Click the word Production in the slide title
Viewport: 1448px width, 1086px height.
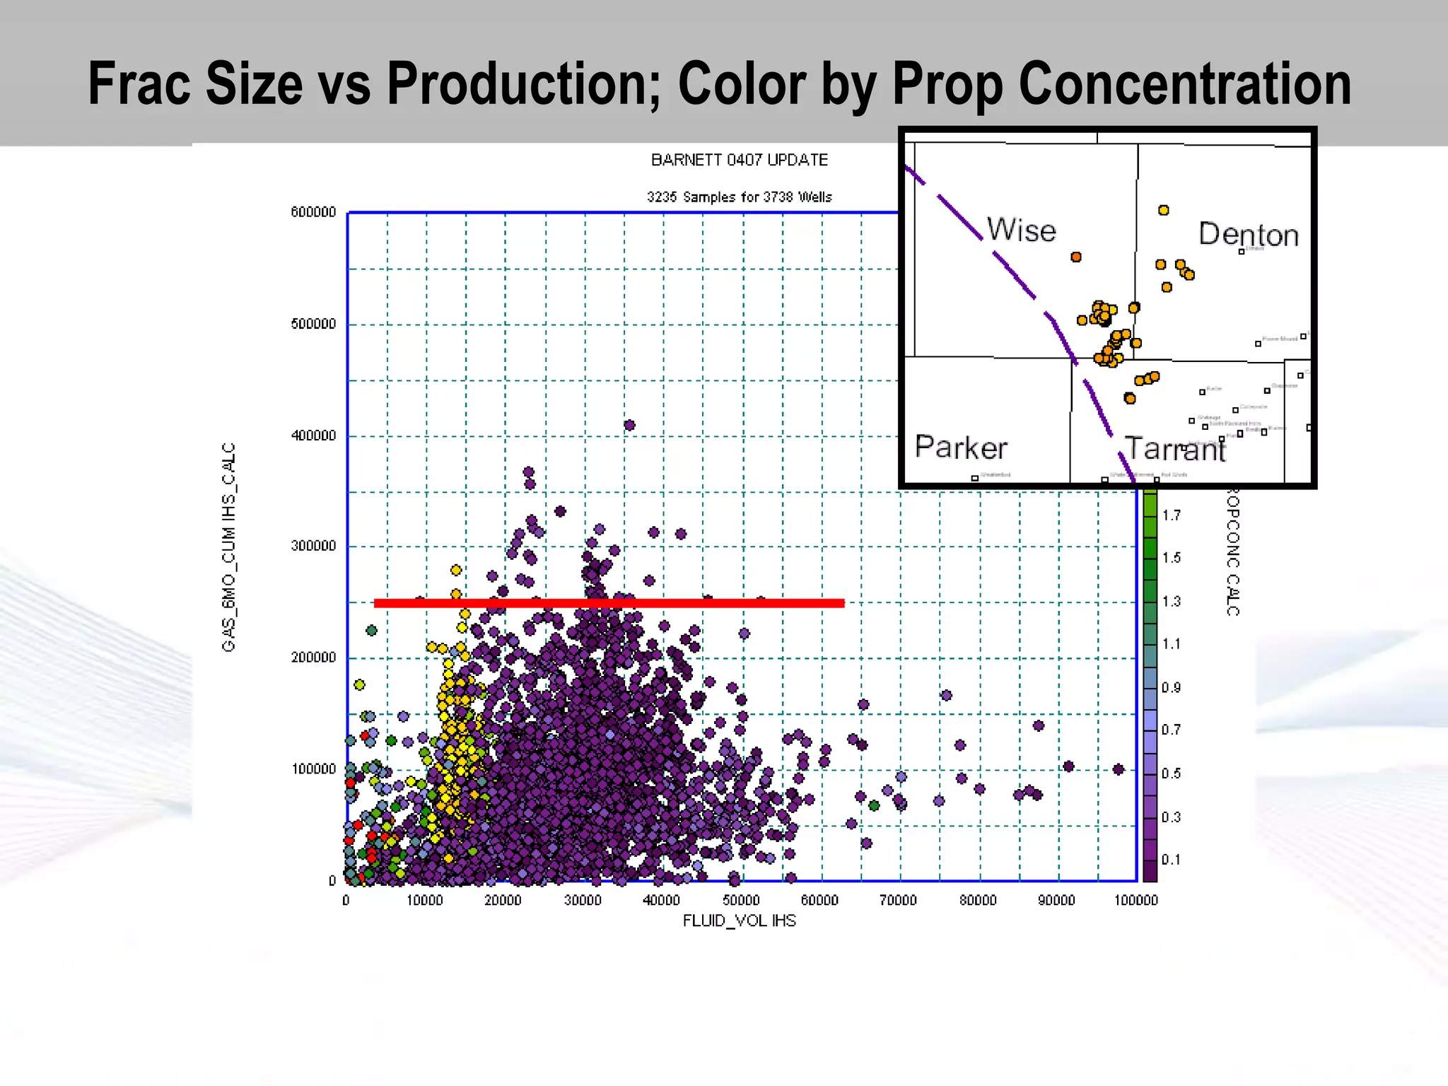click(x=524, y=84)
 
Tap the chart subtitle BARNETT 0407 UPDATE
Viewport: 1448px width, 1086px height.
click(x=739, y=160)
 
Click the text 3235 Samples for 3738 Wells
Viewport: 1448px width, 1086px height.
click(x=739, y=197)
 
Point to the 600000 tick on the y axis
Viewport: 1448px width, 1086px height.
click(x=313, y=212)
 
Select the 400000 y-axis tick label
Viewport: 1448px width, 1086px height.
click(x=313, y=436)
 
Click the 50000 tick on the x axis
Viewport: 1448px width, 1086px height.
click(x=741, y=901)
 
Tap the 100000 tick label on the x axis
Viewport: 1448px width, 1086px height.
click(x=1135, y=901)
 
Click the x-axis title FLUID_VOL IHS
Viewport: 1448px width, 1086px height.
click(x=739, y=921)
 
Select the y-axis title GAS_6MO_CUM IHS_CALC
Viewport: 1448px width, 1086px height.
click(x=228, y=547)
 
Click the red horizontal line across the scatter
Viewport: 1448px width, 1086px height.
click(x=609, y=603)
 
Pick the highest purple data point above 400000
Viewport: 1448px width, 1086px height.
click(x=629, y=425)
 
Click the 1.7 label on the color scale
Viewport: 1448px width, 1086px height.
click(x=1171, y=515)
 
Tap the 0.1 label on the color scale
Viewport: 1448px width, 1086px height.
click(x=1171, y=860)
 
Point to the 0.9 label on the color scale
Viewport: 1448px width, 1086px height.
click(x=1171, y=687)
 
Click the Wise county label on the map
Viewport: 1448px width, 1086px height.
click(x=1021, y=230)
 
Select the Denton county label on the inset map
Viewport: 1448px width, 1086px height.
click(x=1248, y=235)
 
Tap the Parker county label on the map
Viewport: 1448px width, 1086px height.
click(x=960, y=448)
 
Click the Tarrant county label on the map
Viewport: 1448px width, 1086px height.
click(x=1174, y=450)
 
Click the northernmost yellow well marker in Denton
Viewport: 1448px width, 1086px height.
click(x=1163, y=210)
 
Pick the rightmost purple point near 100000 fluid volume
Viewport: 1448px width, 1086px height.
click(x=1118, y=769)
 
